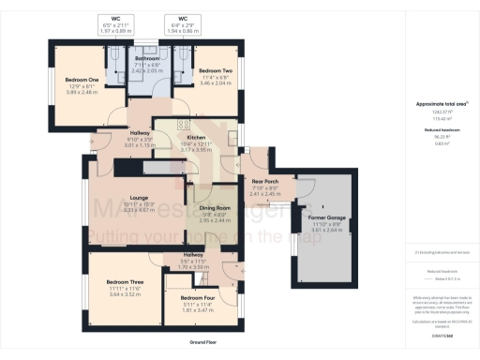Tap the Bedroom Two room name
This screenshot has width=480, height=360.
pyautogui.click(x=215, y=71)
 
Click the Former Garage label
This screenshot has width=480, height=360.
pyautogui.click(x=329, y=217)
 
